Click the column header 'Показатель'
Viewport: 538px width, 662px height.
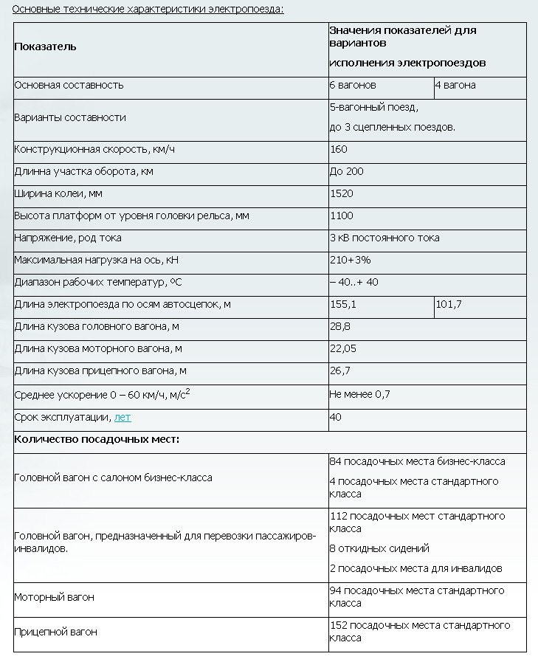(x=45, y=46)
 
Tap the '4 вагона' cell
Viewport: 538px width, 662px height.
(x=456, y=85)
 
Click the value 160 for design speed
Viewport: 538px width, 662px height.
(x=338, y=150)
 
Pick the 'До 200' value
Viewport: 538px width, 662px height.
(x=346, y=171)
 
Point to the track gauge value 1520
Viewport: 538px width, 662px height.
(x=342, y=193)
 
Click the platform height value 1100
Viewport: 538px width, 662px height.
(x=342, y=216)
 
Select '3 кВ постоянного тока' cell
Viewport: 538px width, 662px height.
(x=384, y=238)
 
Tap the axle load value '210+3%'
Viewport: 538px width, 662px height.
(x=350, y=260)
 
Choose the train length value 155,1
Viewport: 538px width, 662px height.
(x=343, y=304)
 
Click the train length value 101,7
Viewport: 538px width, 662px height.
(x=449, y=304)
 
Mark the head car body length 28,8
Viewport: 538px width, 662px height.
(x=340, y=326)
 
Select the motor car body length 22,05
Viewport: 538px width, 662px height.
(x=343, y=348)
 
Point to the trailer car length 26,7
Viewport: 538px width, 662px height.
(x=340, y=370)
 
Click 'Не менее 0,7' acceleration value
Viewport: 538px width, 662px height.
(x=359, y=394)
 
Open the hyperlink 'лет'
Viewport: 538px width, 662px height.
(x=123, y=417)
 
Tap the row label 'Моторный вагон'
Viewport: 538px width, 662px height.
(x=55, y=597)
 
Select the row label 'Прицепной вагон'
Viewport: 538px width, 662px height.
(x=56, y=632)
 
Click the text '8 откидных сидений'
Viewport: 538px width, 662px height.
(x=379, y=548)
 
